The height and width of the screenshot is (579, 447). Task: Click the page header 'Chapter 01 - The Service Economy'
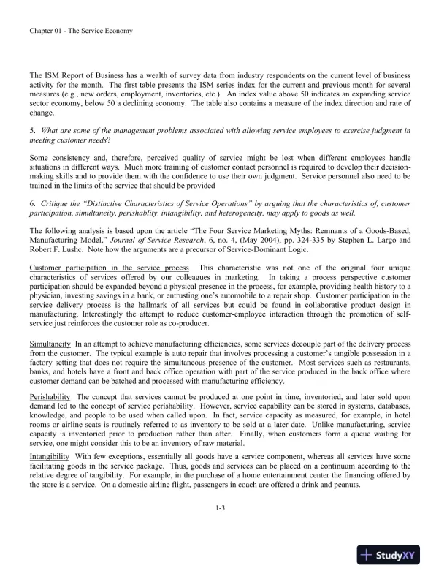(x=80, y=31)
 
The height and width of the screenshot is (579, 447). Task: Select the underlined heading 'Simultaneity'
(x=50, y=343)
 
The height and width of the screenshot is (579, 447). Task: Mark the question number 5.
(x=31, y=130)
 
